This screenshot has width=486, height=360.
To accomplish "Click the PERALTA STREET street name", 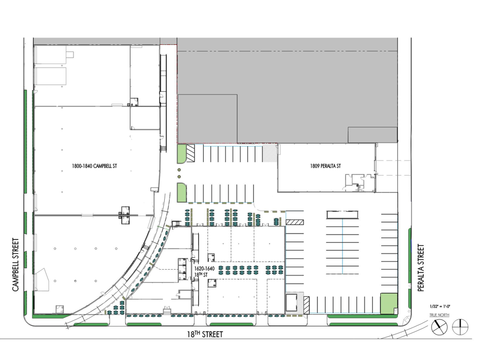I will click(x=421, y=268).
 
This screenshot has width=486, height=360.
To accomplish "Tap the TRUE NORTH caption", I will click(x=440, y=315).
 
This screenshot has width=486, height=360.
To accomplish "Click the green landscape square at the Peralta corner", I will click(x=388, y=303).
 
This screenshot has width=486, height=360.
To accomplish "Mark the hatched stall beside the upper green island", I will click(x=191, y=154).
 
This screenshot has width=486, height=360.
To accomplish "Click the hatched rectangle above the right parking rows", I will click(x=295, y=222).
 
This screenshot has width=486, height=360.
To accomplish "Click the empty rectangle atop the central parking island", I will click(x=342, y=215).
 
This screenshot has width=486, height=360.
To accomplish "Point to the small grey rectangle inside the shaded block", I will click(x=372, y=135).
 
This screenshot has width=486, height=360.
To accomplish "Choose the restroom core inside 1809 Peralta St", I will click(x=356, y=182).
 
